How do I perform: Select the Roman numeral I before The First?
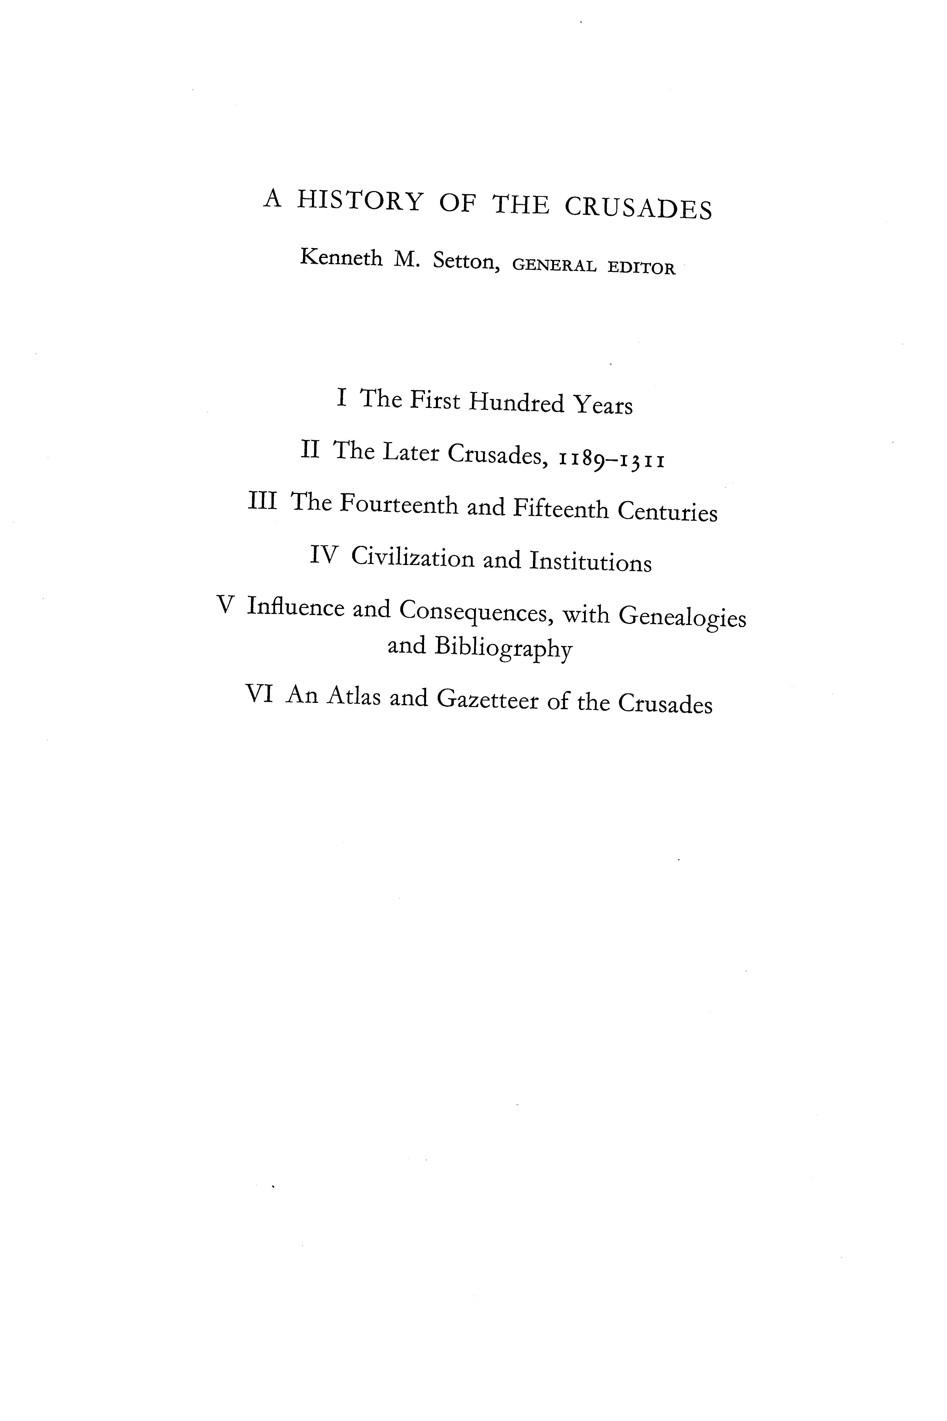[x=342, y=398]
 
